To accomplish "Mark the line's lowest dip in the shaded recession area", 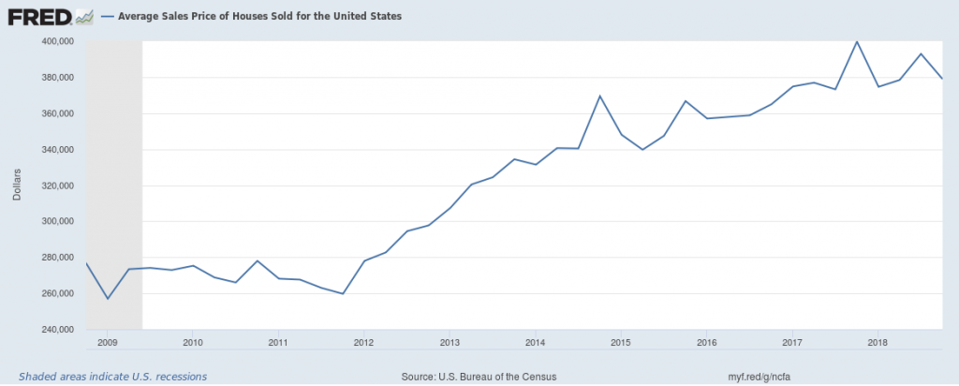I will tap(108, 299).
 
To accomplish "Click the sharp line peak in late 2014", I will tap(600, 96).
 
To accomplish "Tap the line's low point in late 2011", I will tap(343, 294).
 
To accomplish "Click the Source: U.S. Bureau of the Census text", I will tap(478, 377).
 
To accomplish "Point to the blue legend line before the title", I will tap(107, 17).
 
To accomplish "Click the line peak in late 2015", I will tap(686, 100).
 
